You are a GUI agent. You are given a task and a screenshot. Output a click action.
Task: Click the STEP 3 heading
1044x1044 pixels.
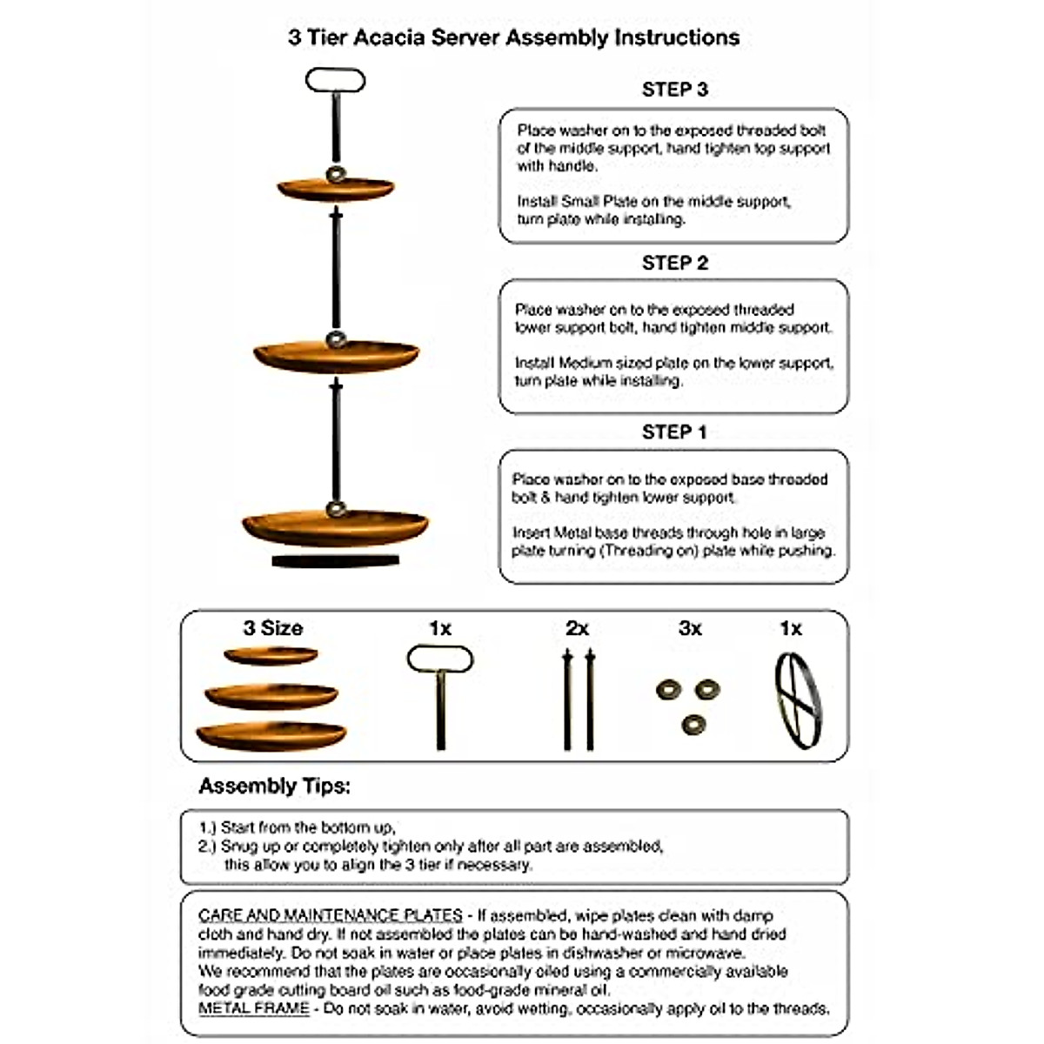[674, 90]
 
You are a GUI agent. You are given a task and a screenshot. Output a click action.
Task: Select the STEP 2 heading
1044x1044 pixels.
[674, 263]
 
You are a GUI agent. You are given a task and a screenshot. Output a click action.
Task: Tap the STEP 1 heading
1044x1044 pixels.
[674, 432]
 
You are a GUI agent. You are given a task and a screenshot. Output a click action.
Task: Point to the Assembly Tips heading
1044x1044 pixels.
[274, 786]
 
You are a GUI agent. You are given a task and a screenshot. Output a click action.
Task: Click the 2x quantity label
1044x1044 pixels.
[577, 628]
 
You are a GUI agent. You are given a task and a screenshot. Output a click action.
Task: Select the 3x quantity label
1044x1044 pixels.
[690, 628]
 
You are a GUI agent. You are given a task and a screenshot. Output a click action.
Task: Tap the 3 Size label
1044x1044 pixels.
[272, 628]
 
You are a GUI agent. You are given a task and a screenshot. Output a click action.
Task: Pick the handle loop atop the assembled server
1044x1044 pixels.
[335, 81]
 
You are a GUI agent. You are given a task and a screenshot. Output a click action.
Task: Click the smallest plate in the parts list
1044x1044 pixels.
[271, 656]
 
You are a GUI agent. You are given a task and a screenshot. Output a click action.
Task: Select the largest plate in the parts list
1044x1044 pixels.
[271, 736]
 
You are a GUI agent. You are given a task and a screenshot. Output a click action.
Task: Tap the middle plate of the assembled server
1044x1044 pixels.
[336, 356]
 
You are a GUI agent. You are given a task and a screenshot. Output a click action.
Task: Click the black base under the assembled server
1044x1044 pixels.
[335, 562]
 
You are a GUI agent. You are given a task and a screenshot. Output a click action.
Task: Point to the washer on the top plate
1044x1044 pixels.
[335, 175]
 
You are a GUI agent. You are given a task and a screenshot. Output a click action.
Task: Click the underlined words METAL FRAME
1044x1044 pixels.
[253, 1008]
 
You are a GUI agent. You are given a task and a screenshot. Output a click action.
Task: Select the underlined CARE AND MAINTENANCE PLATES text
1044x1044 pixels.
[330, 915]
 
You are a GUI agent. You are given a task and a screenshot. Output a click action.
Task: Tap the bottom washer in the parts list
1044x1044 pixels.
[693, 724]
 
